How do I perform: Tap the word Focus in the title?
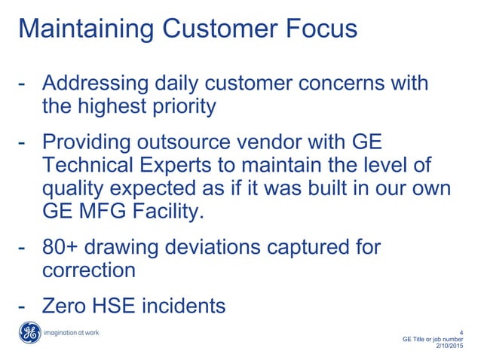(318, 29)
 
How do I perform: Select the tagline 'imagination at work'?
(72, 333)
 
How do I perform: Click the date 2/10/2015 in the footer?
(450, 346)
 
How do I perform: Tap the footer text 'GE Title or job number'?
(434, 338)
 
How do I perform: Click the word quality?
(71, 189)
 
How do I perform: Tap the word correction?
(89, 270)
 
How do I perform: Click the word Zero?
(65, 306)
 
